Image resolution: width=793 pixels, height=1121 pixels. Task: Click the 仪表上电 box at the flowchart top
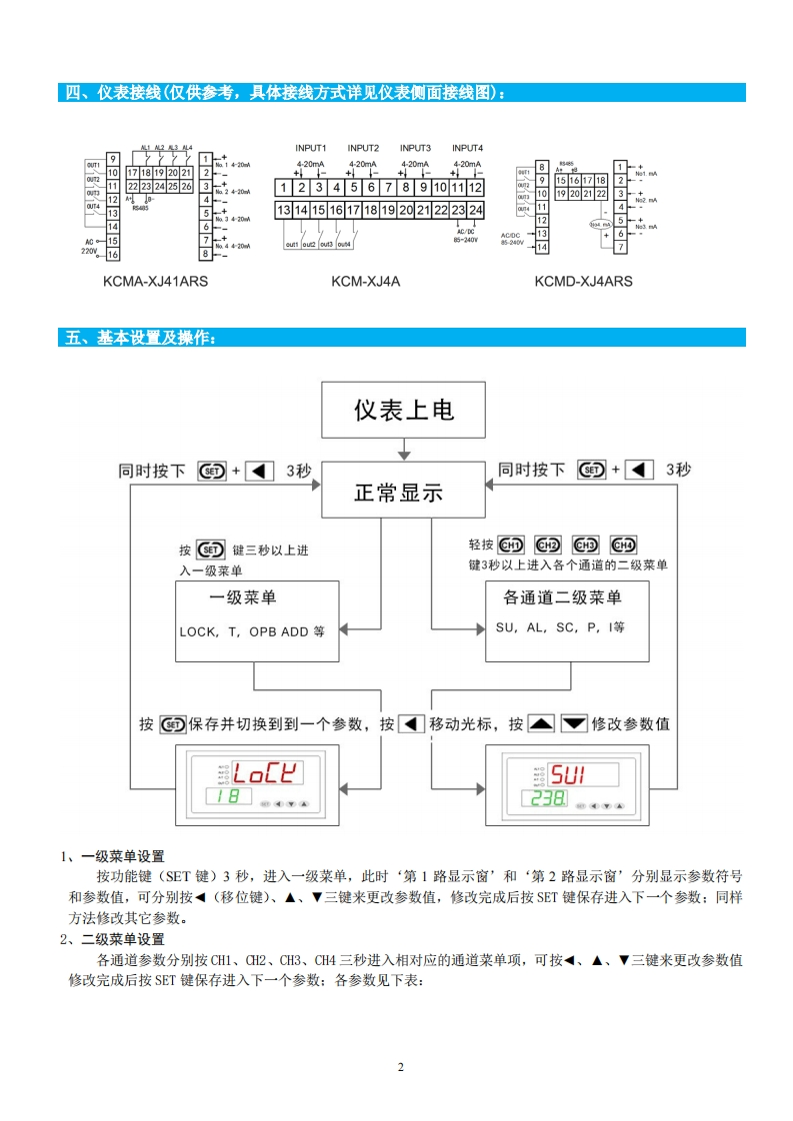[x=403, y=410]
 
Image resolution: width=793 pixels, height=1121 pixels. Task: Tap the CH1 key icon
[x=510, y=546]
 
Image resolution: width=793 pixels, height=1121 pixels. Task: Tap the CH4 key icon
[x=623, y=546]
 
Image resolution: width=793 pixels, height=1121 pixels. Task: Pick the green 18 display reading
[x=227, y=797]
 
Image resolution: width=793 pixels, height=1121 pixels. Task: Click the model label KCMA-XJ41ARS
[x=154, y=282]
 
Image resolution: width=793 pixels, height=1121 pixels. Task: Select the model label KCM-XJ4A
[x=366, y=282]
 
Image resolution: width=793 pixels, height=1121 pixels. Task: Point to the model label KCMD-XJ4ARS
[x=583, y=282]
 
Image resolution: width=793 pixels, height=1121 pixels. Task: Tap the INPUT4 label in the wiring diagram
[x=467, y=148]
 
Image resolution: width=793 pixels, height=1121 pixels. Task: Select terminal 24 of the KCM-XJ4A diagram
[x=475, y=210]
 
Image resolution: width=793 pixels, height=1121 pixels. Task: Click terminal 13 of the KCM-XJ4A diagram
[x=284, y=210]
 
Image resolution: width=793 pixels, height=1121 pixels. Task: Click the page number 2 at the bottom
[x=401, y=1067]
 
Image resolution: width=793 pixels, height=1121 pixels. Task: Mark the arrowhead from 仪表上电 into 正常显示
[x=403, y=456]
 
